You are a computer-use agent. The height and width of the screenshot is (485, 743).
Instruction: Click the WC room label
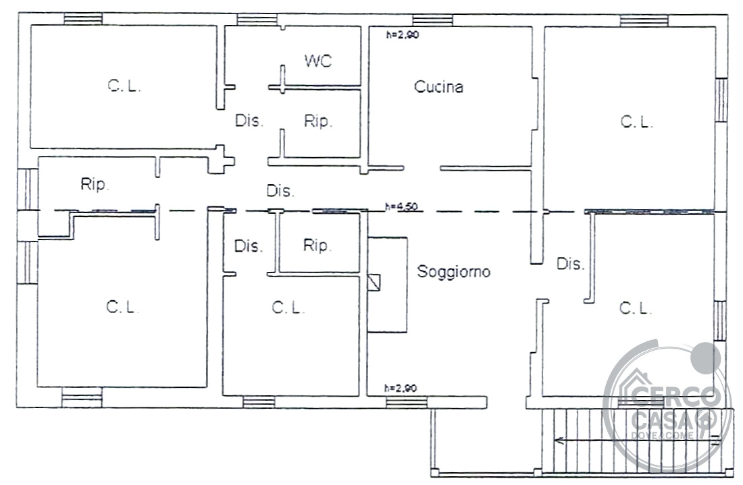(x=318, y=61)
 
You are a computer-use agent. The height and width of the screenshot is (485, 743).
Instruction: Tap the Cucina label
(x=438, y=87)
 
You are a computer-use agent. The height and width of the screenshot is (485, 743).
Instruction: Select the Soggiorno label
(x=453, y=272)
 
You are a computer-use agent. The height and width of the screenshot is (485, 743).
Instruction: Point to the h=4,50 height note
(x=401, y=207)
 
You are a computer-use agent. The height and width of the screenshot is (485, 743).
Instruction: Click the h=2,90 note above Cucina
(x=403, y=34)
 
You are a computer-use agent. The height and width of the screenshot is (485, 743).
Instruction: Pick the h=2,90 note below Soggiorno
(x=401, y=389)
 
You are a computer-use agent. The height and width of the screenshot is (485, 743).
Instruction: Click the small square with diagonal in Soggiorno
(x=374, y=283)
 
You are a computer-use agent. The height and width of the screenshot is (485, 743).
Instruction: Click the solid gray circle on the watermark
(x=706, y=358)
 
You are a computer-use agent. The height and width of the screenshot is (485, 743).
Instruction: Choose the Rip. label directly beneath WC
(x=318, y=121)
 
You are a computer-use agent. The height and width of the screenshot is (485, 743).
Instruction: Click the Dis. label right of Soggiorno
(x=570, y=264)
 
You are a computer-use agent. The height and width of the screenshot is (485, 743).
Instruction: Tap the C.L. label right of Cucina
(x=636, y=122)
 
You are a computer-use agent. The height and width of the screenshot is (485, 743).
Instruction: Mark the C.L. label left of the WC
(x=124, y=86)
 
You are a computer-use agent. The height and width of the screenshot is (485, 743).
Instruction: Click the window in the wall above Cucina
(x=432, y=20)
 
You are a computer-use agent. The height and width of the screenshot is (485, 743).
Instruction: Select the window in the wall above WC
(x=257, y=20)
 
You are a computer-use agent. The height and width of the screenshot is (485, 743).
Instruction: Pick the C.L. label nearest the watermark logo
(x=636, y=308)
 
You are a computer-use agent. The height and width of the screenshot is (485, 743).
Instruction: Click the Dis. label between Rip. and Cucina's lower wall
(x=280, y=191)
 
